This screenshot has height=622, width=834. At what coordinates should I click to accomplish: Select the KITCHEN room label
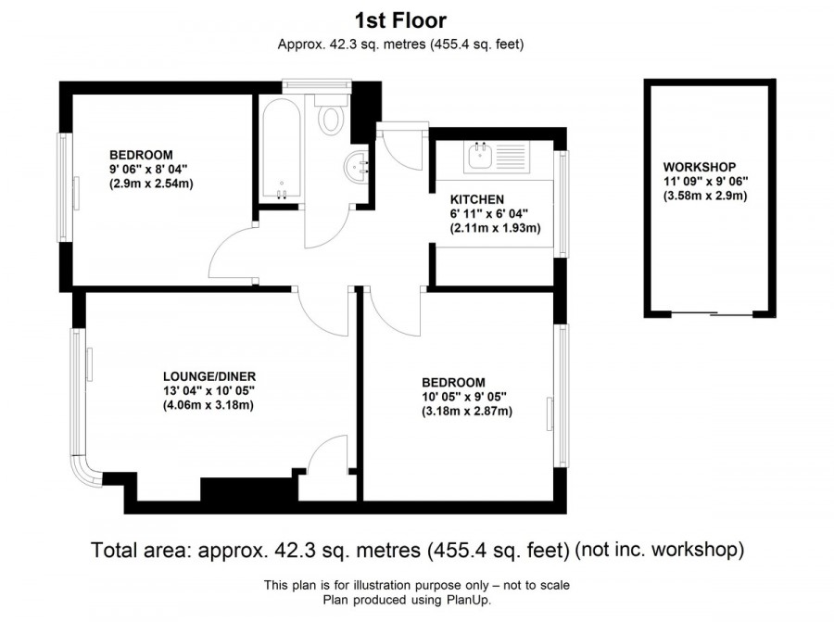(476, 199)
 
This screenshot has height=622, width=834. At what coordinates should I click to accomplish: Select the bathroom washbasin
(357, 166)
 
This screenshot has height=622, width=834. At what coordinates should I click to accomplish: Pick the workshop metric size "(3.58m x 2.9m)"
(704, 196)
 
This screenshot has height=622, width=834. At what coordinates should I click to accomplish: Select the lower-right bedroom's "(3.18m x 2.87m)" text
(466, 411)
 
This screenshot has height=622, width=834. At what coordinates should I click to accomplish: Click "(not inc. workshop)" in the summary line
(659, 550)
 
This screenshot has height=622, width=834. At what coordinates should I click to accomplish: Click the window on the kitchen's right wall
(561, 201)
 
